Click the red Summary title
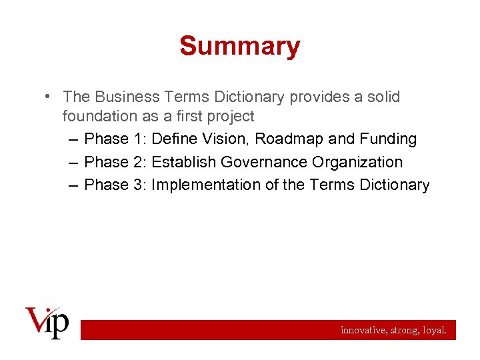pyautogui.click(x=240, y=46)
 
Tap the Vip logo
pyautogui.click(x=47, y=322)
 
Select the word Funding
pyautogui.click(x=389, y=139)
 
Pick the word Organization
pyautogui.click(x=359, y=162)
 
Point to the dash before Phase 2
pyautogui.click(x=73, y=162)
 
